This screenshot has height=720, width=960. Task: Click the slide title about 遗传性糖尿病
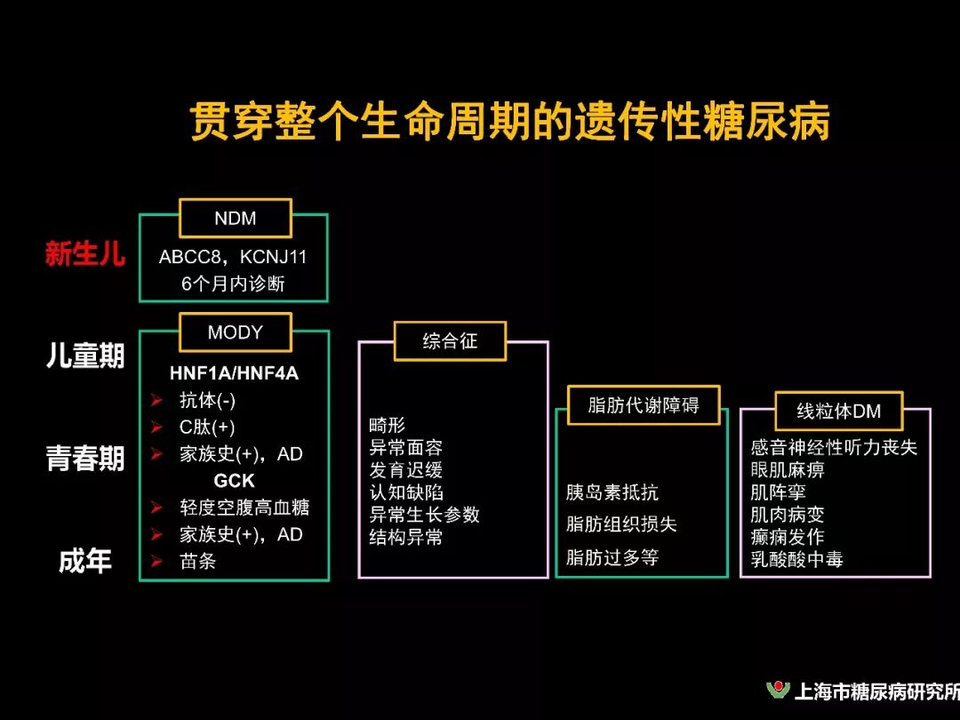(x=510, y=121)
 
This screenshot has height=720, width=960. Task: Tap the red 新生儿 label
(x=85, y=255)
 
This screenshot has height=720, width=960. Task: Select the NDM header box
(x=235, y=218)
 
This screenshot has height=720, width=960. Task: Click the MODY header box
(x=235, y=332)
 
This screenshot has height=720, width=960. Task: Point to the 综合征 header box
(x=450, y=341)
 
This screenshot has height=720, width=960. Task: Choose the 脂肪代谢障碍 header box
(x=643, y=405)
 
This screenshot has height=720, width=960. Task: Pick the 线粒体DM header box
(x=837, y=412)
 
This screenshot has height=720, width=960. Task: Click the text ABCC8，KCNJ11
(x=233, y=258)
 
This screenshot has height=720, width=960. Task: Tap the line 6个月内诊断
(x=233, y=284)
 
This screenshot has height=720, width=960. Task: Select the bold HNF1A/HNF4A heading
(x=234, y=373)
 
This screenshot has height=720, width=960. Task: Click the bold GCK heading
(x=234, y=481)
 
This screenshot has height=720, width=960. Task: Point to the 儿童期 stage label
(x=85, y=356)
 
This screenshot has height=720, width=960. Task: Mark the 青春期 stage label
(x=85, y=460)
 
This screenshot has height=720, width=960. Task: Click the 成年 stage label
(x=85, y=562)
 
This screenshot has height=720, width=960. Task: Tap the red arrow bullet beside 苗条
(x=157, y=562)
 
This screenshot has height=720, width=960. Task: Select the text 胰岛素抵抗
(x=612, y=492)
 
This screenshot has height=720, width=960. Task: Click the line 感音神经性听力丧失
(x=833, y=447)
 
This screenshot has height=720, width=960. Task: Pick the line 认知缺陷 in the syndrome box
(x=406, y=492)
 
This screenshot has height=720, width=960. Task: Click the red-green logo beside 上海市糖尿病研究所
(x=778, y=691)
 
